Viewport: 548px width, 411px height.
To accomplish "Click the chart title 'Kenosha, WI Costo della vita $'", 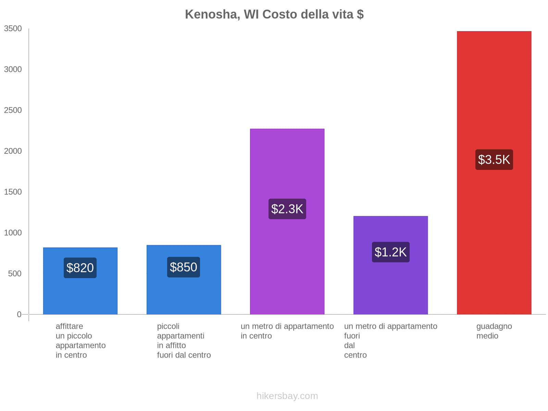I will tap(274, 14).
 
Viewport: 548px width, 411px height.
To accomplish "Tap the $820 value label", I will tap(80, 268).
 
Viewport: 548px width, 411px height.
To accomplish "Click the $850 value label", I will tap(184, 267).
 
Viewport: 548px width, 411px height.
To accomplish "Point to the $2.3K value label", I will tap(287, 209).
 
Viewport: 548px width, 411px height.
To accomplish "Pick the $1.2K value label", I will tap(390, 252).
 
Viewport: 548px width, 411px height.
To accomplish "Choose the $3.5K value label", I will tap(494, 160).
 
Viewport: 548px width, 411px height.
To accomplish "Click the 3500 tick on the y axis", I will tap(13, 29).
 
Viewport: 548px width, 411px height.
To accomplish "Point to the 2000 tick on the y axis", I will tap(13, 151).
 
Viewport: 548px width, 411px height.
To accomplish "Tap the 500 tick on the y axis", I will tap(15, 274).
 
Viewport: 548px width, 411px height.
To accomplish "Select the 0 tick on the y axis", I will tap(19, 314).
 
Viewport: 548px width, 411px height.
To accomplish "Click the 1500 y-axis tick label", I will tap(13, 192).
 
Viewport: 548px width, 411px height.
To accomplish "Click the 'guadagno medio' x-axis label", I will tap(494, 331).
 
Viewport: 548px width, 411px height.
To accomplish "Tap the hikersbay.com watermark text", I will tap(287, 396).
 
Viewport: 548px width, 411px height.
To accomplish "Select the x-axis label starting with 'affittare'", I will tap(80, 340).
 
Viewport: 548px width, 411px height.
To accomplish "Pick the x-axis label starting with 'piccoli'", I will tap(184, 340).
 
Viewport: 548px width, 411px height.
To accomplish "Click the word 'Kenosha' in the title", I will tap(212, 14).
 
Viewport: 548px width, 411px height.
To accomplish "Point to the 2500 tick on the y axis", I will tap(13, 110).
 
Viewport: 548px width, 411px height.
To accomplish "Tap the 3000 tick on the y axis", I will tap(13, 70).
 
